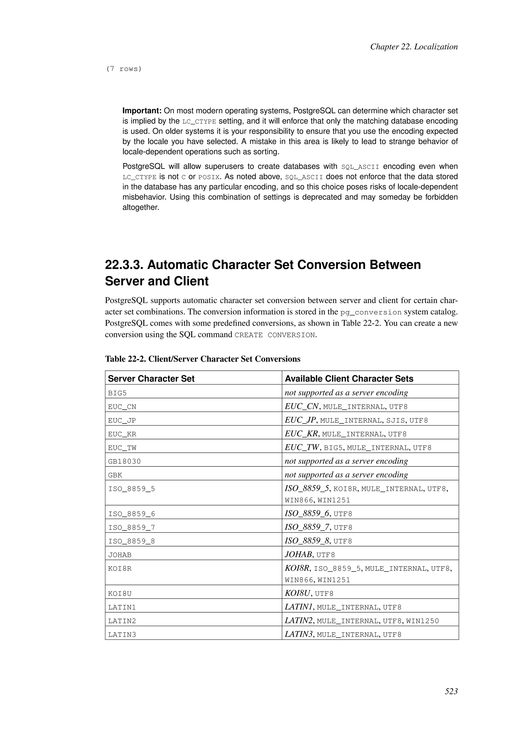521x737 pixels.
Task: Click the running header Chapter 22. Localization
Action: [414, 47]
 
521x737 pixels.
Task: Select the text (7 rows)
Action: [124, 69]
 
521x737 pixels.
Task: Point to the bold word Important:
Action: [142, 111]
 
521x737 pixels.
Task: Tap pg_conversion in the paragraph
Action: [371, 312]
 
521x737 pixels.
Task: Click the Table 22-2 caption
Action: [202, 359]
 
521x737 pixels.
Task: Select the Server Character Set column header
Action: [151, 379]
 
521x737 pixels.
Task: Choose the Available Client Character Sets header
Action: [349, 379]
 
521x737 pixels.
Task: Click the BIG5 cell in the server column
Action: [118, 393]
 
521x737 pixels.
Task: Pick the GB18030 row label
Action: [124, 462]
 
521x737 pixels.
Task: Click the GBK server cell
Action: [115, 475]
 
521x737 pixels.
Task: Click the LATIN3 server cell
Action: [122, 635]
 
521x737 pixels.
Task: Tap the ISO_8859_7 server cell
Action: [132, 528]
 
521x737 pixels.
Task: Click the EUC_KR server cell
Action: [122, 434]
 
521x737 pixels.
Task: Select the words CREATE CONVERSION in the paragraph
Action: [274, 335]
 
